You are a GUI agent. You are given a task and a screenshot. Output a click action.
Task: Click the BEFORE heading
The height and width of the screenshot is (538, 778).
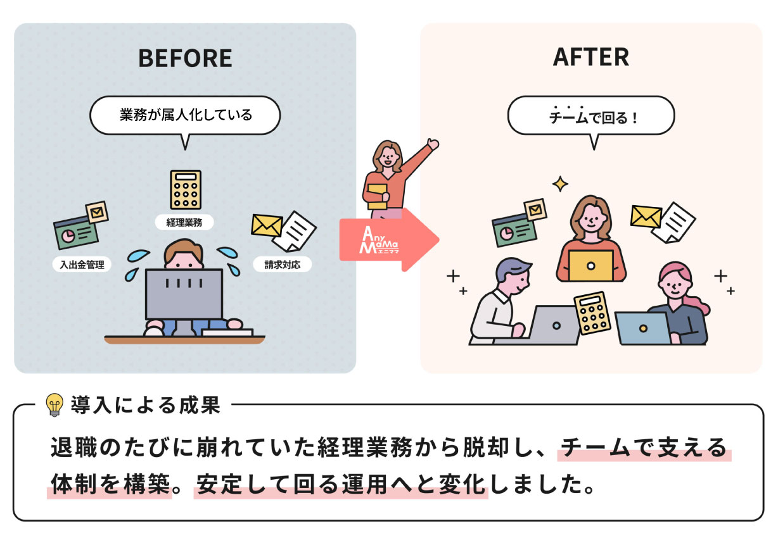[185, 58]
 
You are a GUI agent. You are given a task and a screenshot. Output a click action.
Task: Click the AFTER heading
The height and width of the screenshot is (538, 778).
[590, 57]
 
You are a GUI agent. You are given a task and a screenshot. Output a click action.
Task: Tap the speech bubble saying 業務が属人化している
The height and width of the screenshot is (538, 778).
[185, 115]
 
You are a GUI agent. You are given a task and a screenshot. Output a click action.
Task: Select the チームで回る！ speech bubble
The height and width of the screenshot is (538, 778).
[590, 116]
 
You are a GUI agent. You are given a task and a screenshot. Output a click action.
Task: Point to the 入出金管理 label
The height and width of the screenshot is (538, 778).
[82, 265]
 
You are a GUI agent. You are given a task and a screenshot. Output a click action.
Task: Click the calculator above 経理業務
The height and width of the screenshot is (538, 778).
[186, 189]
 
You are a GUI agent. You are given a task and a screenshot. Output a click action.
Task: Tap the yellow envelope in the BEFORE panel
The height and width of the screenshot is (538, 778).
[267, 224]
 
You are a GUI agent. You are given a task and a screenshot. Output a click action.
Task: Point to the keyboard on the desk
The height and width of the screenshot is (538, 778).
[227, 332]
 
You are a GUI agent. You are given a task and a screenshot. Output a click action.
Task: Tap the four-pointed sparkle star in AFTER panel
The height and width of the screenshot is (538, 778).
[560, 184]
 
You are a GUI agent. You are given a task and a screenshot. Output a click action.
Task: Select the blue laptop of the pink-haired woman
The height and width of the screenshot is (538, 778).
[642, 327]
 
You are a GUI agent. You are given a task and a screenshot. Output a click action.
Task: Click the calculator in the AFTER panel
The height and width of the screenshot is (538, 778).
[592, 313]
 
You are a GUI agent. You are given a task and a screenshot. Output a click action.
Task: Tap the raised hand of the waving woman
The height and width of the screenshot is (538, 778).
[433, 144]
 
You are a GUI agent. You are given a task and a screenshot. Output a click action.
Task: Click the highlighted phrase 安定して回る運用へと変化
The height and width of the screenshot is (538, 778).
[341, 485]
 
